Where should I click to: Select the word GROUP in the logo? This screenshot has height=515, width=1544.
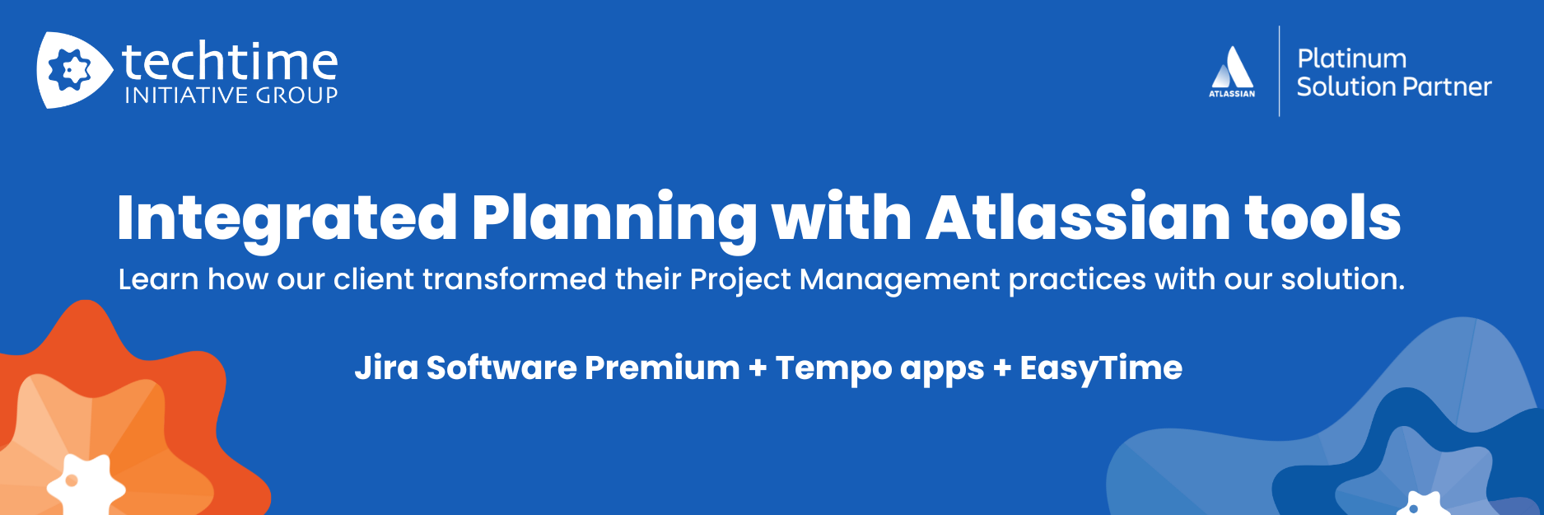pos(297,96)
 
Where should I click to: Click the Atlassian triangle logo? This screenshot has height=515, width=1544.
pos(1232,67)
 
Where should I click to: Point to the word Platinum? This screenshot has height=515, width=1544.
pos(1351,59)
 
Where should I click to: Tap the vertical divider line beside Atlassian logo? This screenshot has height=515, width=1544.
pos(1279,71)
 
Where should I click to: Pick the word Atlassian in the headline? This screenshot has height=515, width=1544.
pos(1078,217)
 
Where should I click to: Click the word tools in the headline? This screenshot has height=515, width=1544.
pos(1322,217)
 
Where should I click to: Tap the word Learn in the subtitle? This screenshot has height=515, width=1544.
pos(158,279)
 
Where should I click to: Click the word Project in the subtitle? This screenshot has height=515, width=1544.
pos(740,280)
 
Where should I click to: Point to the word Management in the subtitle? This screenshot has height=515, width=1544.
pos(899,280)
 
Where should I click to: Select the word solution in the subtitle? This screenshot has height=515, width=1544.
pos(1342,279)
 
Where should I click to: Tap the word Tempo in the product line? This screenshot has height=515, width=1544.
pos(833,368)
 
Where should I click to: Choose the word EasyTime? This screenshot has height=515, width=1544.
pos(1101,368)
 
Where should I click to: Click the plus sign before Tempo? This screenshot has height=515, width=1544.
pos(758,368)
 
